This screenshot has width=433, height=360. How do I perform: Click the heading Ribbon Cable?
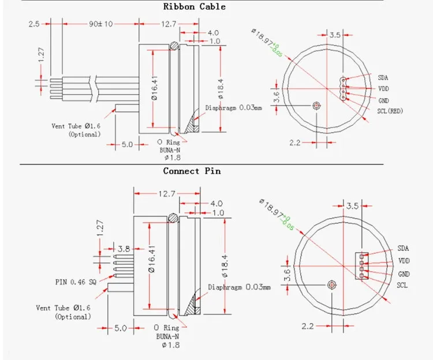pyautogui.click(x=194, y=7)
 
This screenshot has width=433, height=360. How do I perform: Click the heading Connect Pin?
pyautogui.click(x=192, y=171)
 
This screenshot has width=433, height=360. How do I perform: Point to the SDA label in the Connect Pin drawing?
pyautogui.click(x=402, y=248)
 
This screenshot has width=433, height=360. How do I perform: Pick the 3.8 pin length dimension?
pyautogui.click(x=124, y=249)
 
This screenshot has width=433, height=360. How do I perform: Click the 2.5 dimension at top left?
pyautogui.click(x=33, y=24)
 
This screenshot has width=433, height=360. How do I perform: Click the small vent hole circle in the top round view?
pyautogui.click(x=316, y=106)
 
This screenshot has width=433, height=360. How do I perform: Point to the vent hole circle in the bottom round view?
pyautogui.click(x=331, y=285)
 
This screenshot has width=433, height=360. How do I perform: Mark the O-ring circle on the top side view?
pyautogui.click(x=174, y=46)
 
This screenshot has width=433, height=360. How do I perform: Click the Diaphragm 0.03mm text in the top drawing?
pyautogui.click(x=234, y=107)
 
